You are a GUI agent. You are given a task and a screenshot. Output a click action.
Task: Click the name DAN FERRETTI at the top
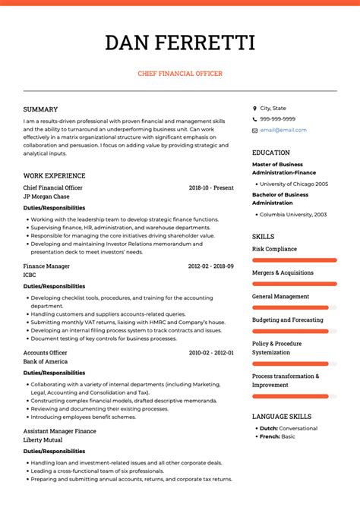(180, 43)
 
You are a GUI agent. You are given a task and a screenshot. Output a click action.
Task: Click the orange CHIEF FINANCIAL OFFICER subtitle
(180, 74)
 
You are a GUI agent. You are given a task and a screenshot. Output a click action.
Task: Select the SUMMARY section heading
(40, 109)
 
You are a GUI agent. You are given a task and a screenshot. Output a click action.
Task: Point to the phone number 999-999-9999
(277, 119)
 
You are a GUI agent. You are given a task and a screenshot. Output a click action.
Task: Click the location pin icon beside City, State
(254, 109)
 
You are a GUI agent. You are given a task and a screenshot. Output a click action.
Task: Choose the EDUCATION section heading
(271, 153)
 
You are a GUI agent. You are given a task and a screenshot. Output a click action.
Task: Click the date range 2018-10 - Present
(211, 187)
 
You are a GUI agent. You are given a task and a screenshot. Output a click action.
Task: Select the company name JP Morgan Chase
(46, 197)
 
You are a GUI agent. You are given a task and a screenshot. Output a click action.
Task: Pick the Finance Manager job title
(48, 266)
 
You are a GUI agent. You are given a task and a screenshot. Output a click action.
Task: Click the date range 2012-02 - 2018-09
(211, 266)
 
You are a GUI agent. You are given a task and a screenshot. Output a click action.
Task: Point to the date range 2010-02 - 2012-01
(211, 353)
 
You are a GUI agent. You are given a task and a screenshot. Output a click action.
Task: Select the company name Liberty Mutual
(44, 440)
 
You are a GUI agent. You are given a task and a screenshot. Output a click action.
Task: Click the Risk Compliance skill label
(274, 249)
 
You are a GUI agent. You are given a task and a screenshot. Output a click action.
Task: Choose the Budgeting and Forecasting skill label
(287, 320)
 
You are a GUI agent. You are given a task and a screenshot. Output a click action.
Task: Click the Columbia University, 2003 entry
(293, 215)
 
